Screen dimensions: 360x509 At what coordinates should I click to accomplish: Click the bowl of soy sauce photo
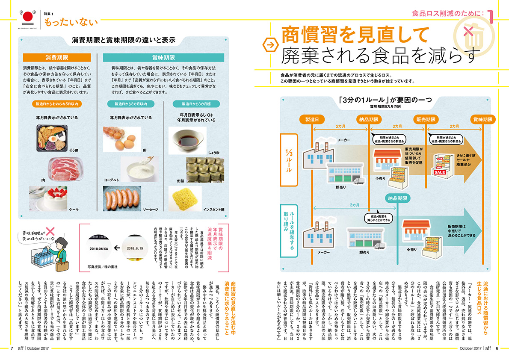[x=187, y=137]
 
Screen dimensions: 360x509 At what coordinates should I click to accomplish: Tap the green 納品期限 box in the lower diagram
[x=398, y=198]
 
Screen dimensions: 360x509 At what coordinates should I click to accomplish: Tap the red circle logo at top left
[x=27, y=17]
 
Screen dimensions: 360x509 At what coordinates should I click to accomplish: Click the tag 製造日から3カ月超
[x=187, y=104]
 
